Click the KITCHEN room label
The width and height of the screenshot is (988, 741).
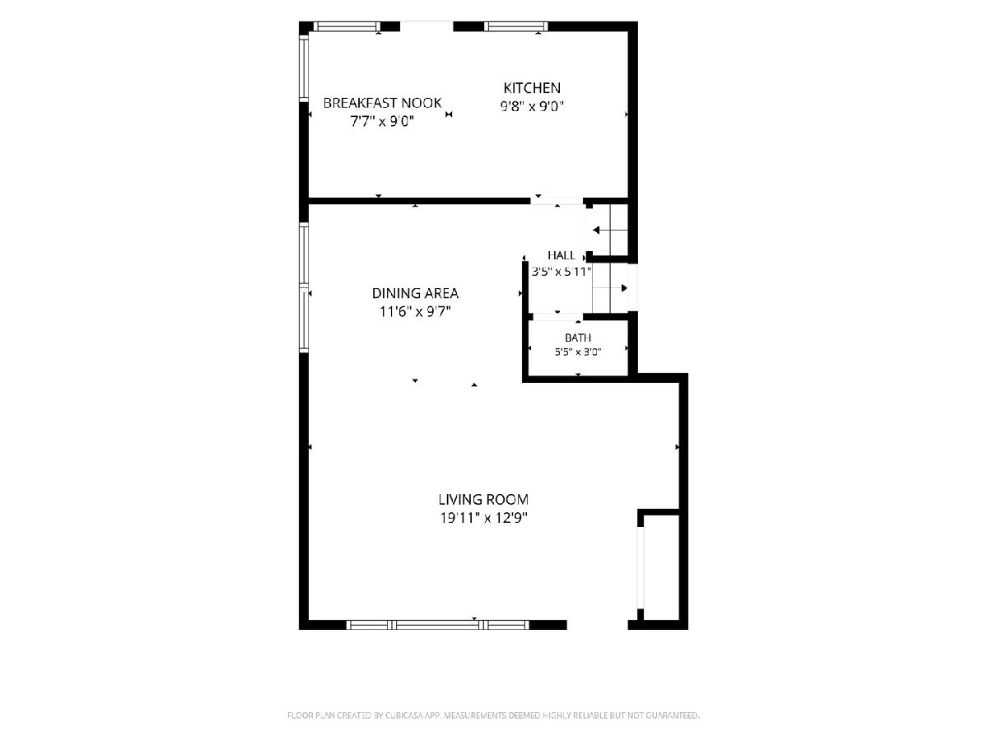[532, 88]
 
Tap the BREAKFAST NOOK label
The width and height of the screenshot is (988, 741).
[382, 103]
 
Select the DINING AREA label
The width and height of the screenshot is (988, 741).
[415, 293]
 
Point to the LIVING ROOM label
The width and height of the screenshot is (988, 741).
[483, 500]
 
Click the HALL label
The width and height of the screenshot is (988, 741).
[562, 255]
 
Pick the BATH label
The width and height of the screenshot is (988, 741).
[578, 338]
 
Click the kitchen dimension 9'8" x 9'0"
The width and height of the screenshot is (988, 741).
[532, 106]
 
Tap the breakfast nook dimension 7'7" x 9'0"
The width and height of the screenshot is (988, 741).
[382, 122]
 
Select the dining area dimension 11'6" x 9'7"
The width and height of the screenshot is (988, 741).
[415, 311]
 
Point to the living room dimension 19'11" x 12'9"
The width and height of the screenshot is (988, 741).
[483, 519]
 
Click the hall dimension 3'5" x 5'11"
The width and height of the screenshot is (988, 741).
[562, 272]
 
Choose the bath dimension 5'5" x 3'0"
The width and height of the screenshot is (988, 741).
[578, 352]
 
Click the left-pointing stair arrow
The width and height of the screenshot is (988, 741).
[610, 231]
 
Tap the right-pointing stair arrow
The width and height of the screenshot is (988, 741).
[610, 288]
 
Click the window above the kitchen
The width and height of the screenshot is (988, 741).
[516, 26]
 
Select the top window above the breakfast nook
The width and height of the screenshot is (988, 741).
[347, 26]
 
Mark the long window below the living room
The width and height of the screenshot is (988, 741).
[437, 624]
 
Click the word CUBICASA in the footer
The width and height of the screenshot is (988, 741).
[404, 715]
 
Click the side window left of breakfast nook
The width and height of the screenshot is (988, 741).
[304, 69]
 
